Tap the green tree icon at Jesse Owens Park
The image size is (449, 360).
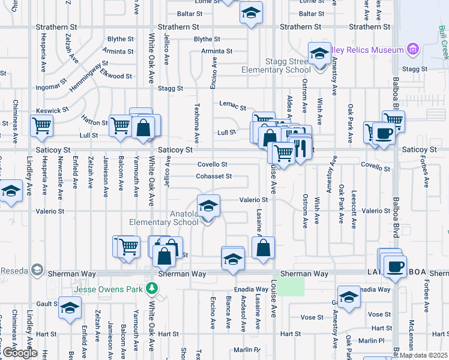(153, 289)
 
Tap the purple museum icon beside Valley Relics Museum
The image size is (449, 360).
(412, 49)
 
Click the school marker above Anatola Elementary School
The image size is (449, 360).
(208, 206)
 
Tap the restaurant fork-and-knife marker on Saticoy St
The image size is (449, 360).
(300, 147)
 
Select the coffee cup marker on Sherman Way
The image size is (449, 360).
(395, 266)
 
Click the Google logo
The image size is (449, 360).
(19, 353)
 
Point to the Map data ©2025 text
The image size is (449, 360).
(424, 355)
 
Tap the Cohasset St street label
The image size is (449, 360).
(214, 176)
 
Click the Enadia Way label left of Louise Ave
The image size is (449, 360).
(252, 289)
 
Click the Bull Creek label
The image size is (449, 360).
(442, 42)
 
